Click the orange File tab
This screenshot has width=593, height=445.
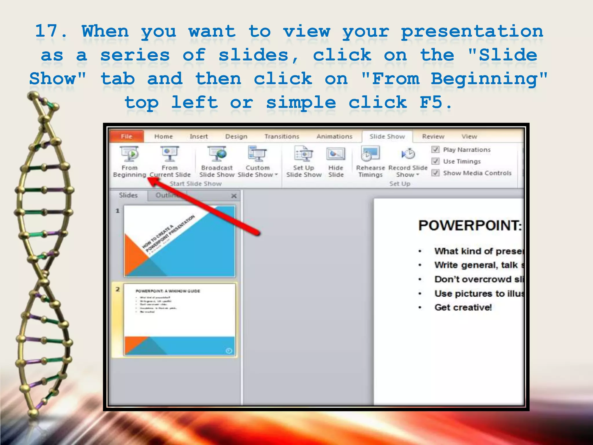click(127, 136)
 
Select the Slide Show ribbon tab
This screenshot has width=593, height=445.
click(387, 136)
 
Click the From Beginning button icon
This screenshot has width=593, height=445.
click(130, 154)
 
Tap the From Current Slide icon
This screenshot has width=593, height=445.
click(170, 154)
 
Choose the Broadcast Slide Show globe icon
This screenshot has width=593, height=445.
click(217, 154)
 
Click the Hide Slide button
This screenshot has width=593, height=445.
click(336, 161)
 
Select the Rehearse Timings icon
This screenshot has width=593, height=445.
click(370, 154)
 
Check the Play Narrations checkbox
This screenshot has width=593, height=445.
click(435, 149)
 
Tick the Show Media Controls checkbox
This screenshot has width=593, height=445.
click(435, 173)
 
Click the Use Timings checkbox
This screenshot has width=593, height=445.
click(435, 161)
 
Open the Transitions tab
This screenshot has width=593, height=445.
click(281, 136)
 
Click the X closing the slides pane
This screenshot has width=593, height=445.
click(234, 196)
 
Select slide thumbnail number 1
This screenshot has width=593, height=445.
click(180, 241)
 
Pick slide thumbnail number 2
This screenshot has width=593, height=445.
click(180, 319)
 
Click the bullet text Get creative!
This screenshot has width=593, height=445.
click(463, 307)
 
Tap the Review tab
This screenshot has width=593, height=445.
click(433, 136)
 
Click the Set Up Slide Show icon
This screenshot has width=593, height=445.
click(303, 154)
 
